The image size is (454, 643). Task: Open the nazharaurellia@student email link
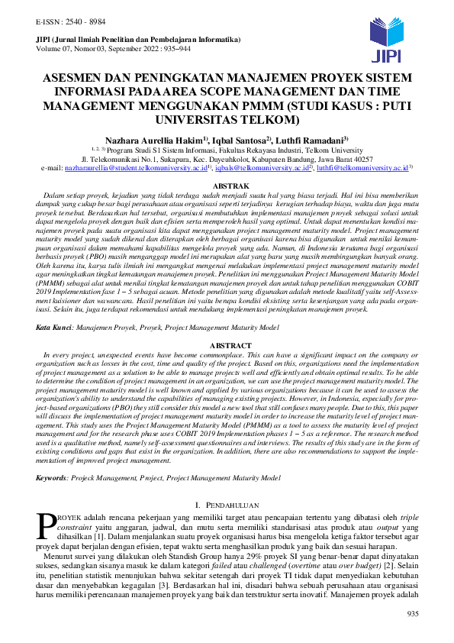[x=126, y=166]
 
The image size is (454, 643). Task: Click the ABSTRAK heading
[x=227, y=186]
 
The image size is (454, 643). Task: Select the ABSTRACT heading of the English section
[x=227, y=345]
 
